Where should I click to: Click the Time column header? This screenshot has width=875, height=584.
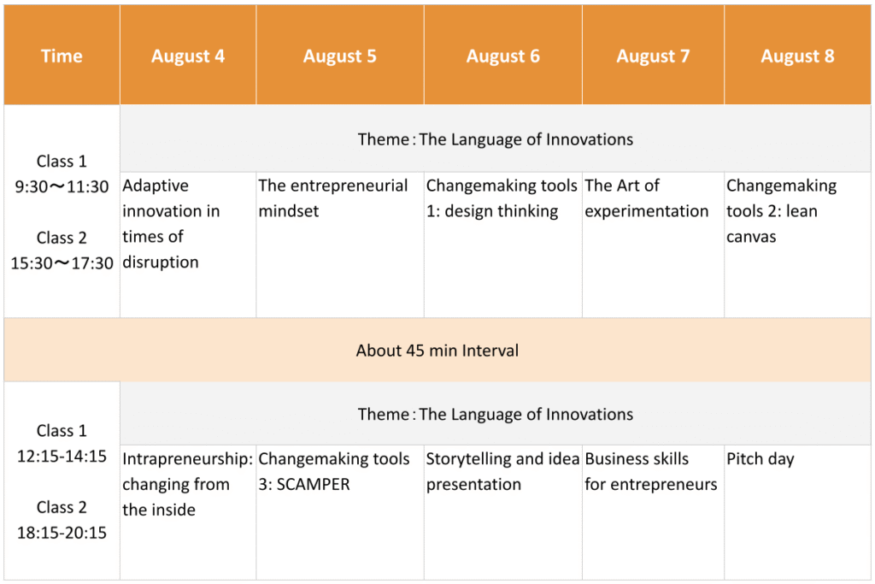pyautogui.click(x=62, y=56)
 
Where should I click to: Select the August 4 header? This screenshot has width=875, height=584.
pyautogui.click(x=187, y=56)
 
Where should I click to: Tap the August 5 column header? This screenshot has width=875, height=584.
pyautogui.click(x=339, y=56)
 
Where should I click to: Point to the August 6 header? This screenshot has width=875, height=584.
pyautogui.click(x=502, y=56)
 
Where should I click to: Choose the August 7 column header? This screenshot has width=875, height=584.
pyautogui.click(x=653, y=56)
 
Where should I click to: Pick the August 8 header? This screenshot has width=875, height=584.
pyautogui.click(x=797, y=56)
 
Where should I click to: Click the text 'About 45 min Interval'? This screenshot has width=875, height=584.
pyautogui.click(x=437, y=351)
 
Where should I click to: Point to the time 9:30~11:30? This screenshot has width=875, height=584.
pyautogui.click(x=62, y=186)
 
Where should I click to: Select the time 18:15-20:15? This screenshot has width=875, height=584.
pyautogui.click(x=62, y=533)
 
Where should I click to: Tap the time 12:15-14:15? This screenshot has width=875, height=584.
pyautogui.click(x=62, y=456)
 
